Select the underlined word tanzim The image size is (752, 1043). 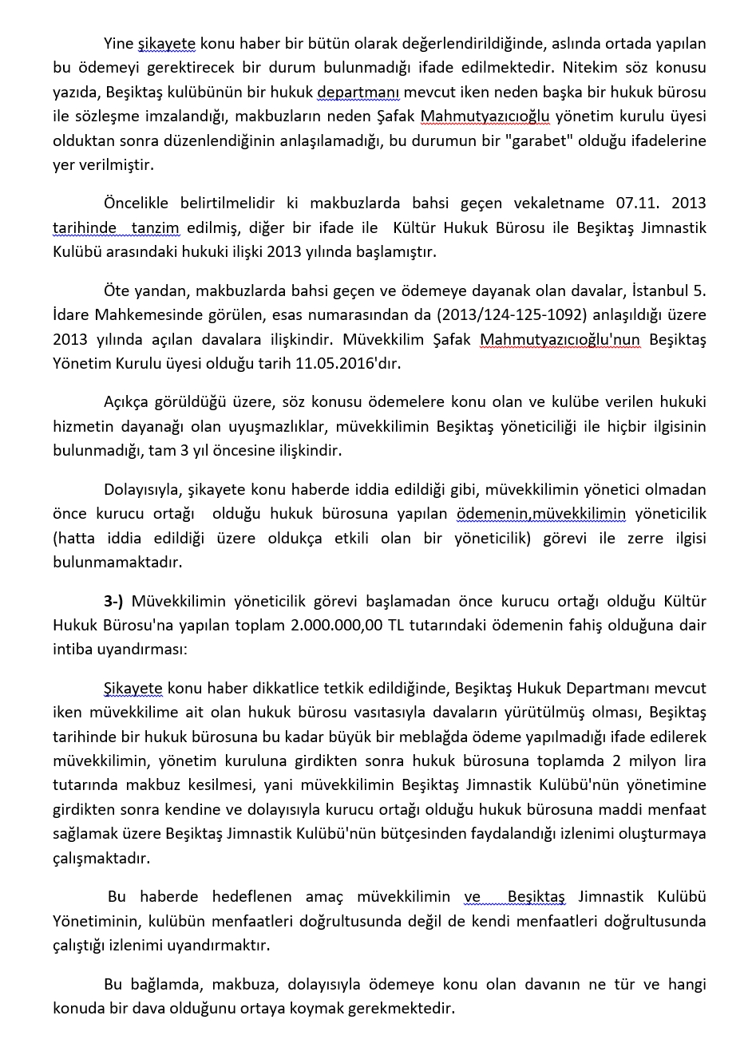pyautogui.click(x=155, y=228)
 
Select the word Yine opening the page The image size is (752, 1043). pyautogui.click(x=119, y=44)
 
